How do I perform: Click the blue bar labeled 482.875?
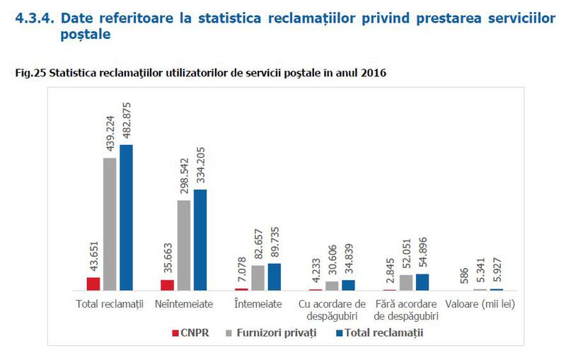coord(127,218)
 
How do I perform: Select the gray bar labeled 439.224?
coord(110,224)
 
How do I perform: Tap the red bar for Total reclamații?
coord(93,284)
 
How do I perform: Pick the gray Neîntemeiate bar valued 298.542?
coord(184,245)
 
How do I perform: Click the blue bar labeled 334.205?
coord(200,240)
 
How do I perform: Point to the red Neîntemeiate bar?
coord(167,285)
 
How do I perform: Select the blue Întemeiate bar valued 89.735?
coord(275,277)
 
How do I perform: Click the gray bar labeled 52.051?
coord(405,282)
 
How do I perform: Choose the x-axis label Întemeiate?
coord(258,304)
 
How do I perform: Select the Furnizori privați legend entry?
coord(271,332)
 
